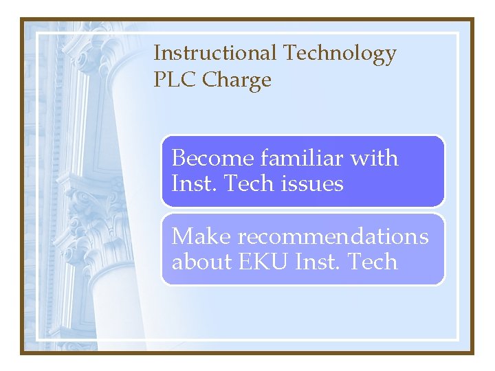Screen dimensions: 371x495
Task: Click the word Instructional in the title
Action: tap(215, 53)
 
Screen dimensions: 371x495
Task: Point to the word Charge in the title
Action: tap(236, 81)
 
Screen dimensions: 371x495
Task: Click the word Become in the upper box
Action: tap(212, 158)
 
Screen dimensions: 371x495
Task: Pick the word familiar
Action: tap(302, 158)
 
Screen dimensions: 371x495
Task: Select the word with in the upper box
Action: tap(374, 158)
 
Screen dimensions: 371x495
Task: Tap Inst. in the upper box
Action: tap(190, 184)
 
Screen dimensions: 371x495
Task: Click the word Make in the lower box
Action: tap(200, 236)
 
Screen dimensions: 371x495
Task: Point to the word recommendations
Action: tap(333, 236)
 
